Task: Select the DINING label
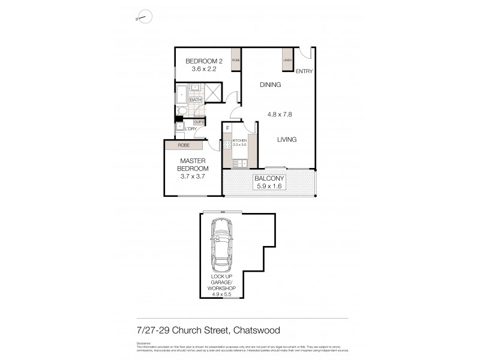tap(270, 85)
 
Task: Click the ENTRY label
tap(304, 71)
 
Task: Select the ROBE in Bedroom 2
tap(236, 61)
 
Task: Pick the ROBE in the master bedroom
tap(185, 145)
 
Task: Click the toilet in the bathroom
tap(181, 111)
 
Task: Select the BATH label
tap(195, 100)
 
